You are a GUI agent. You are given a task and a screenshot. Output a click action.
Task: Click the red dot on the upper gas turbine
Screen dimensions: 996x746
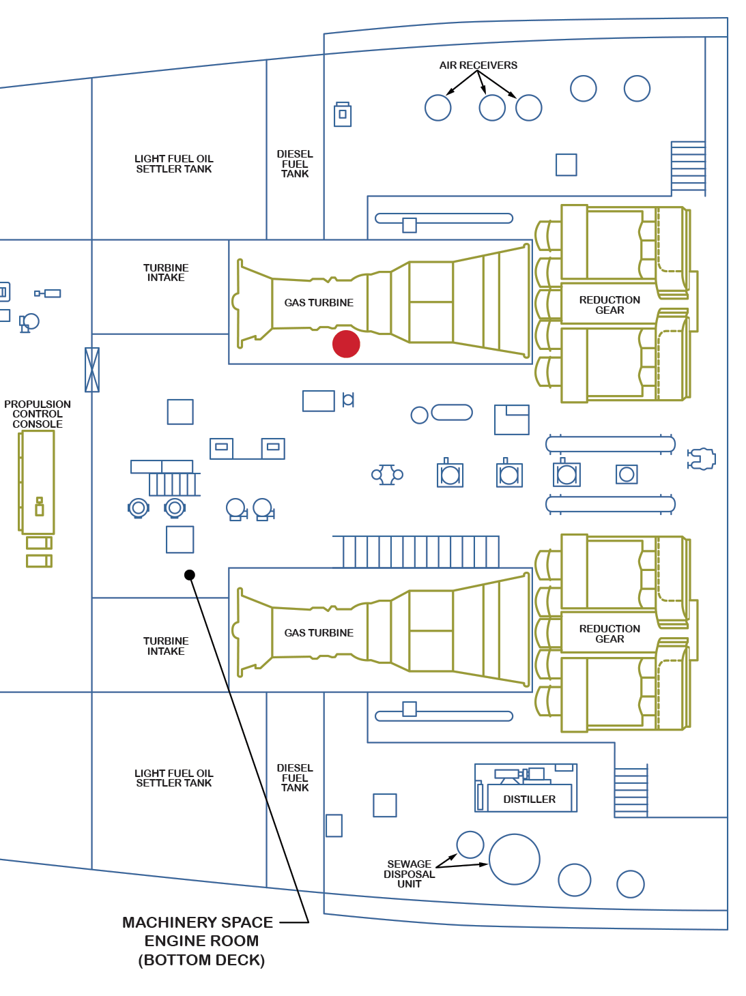[346, 345]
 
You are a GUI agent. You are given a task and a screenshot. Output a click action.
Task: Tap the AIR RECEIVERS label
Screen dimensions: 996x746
[478, 65]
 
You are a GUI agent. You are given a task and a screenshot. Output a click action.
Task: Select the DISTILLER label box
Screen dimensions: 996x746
[529, 799]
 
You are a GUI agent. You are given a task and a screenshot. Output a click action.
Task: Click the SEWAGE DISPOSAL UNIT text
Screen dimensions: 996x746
[409, 874]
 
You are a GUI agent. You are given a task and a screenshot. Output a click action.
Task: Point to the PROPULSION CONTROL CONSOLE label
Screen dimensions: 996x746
[38, 414]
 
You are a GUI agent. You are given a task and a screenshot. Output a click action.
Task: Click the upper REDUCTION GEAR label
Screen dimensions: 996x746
[609, 305]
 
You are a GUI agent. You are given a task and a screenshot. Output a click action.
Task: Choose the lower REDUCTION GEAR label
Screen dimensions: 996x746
[609, 634]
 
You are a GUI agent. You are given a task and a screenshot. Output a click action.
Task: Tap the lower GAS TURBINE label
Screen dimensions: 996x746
[319, 633]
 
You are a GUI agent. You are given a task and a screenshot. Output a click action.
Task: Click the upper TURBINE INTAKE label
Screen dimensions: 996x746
[166, 273]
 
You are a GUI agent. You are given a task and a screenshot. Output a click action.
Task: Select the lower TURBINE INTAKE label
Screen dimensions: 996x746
[166, 646]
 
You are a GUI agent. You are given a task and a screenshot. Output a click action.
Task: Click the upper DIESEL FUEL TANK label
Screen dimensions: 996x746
[295, 164]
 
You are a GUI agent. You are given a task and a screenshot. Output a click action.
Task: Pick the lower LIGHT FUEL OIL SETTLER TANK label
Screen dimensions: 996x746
[174, 778]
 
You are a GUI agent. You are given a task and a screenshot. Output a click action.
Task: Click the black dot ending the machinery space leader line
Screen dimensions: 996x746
[190, 575]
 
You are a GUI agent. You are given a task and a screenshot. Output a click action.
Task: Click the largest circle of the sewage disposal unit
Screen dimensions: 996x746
[515, 860]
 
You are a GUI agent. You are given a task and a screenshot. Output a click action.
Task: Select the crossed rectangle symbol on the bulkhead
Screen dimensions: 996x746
[92, 370]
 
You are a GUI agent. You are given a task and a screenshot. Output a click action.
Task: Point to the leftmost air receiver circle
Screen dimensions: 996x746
[438, 108]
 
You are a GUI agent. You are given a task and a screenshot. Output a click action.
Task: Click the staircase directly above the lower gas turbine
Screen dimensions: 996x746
[416, 552]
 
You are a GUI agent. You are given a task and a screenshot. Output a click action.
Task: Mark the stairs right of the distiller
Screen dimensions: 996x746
[631, 792]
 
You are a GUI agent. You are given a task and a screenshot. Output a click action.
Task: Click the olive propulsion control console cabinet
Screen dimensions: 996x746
[38, 482]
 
